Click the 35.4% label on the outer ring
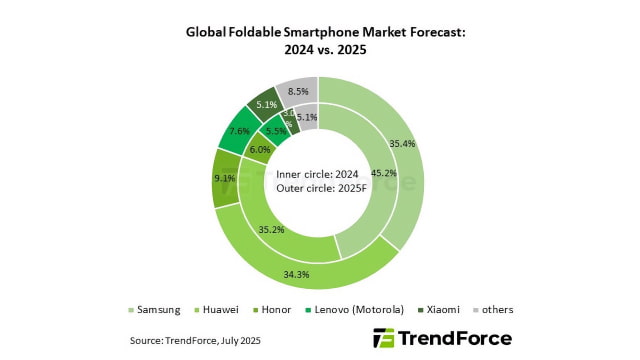(x=403, y=144)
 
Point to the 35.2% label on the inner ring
(x=272, y=229)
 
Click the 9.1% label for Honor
(x=225, y=179)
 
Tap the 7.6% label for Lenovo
(x=240, y=131)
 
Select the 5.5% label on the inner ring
(x=275, y=130)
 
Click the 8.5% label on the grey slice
(x=298, y=92)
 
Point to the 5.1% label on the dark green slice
(x=266, y=103)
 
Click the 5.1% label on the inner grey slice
(x=306, y=117)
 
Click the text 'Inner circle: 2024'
(x=318, y=173)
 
